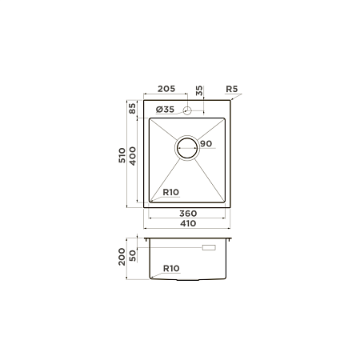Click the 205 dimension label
coord(166,89)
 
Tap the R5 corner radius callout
coord(231,89)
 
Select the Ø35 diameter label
coord(165,110)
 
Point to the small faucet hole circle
coord(187,110)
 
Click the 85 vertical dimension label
coord(133,108)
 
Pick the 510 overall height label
coord(122,155)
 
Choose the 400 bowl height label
coord(133,156)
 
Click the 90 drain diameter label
coord(206,144)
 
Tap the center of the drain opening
coord(187,148)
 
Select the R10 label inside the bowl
coord(171,192)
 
